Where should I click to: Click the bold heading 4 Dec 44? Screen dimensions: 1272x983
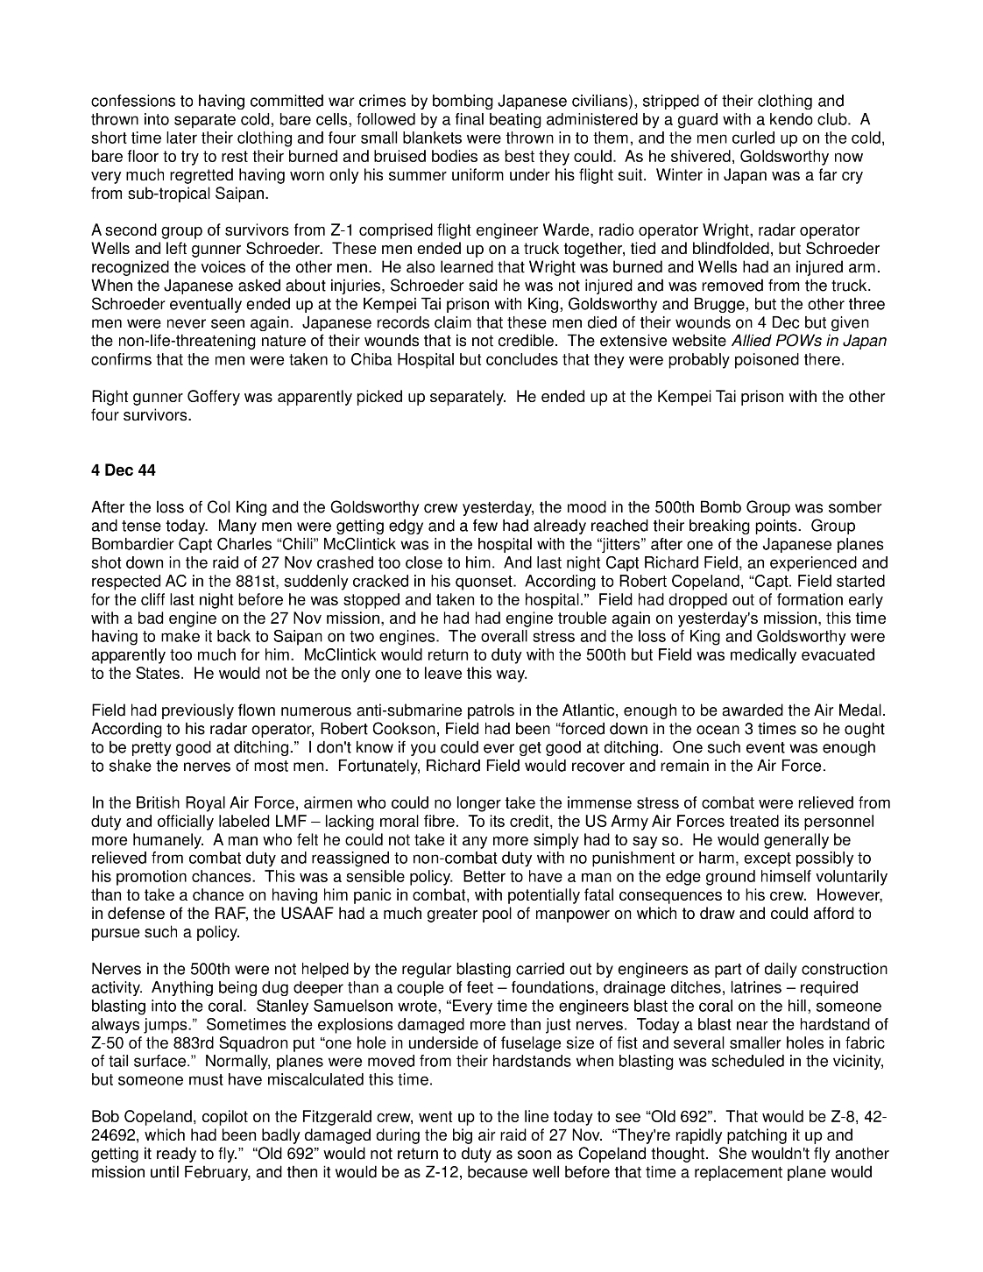click(x=124, y=470)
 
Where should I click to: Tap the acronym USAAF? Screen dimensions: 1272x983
click(x=293, y=914)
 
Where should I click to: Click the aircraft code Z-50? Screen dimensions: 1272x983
click(x=109, y=1043)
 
